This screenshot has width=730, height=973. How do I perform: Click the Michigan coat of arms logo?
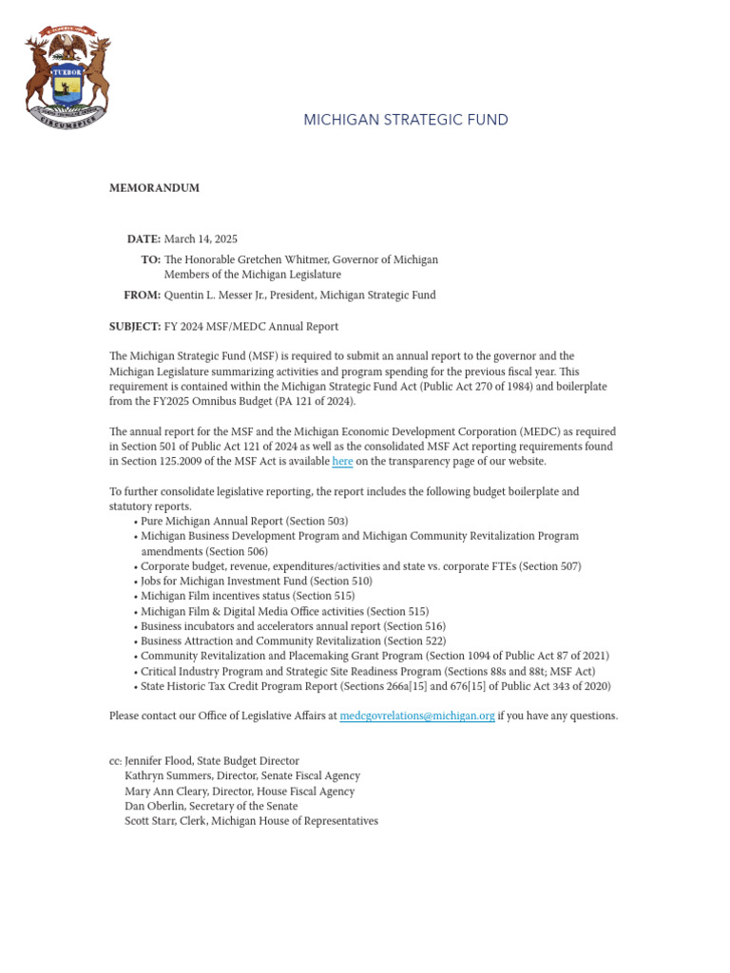coord(67,80)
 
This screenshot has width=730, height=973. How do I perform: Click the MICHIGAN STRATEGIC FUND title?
coord(405,120)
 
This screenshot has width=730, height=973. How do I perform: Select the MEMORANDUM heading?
coord(154,188)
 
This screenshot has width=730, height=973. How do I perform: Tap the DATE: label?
coord(144,238)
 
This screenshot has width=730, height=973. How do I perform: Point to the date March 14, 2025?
coord(201,238)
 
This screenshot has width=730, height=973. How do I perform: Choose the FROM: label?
coord(142,296)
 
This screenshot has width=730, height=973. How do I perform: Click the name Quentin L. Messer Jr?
coord(218,296)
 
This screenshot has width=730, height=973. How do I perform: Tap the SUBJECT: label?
coord(135,327)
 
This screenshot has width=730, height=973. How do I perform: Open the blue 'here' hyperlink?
coord(342,462)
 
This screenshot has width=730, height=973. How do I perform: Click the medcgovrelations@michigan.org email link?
coord(416,715)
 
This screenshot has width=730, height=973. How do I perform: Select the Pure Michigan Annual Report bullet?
coord(244,521)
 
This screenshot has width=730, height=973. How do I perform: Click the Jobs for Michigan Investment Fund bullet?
coord(256,581)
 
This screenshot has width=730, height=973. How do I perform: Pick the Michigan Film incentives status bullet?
coord(234,596)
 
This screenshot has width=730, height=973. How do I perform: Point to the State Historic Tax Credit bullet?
coord(375,686)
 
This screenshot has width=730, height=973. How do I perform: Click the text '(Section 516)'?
coord(413,626)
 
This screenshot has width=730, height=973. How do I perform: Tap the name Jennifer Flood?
coord(163,761)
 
